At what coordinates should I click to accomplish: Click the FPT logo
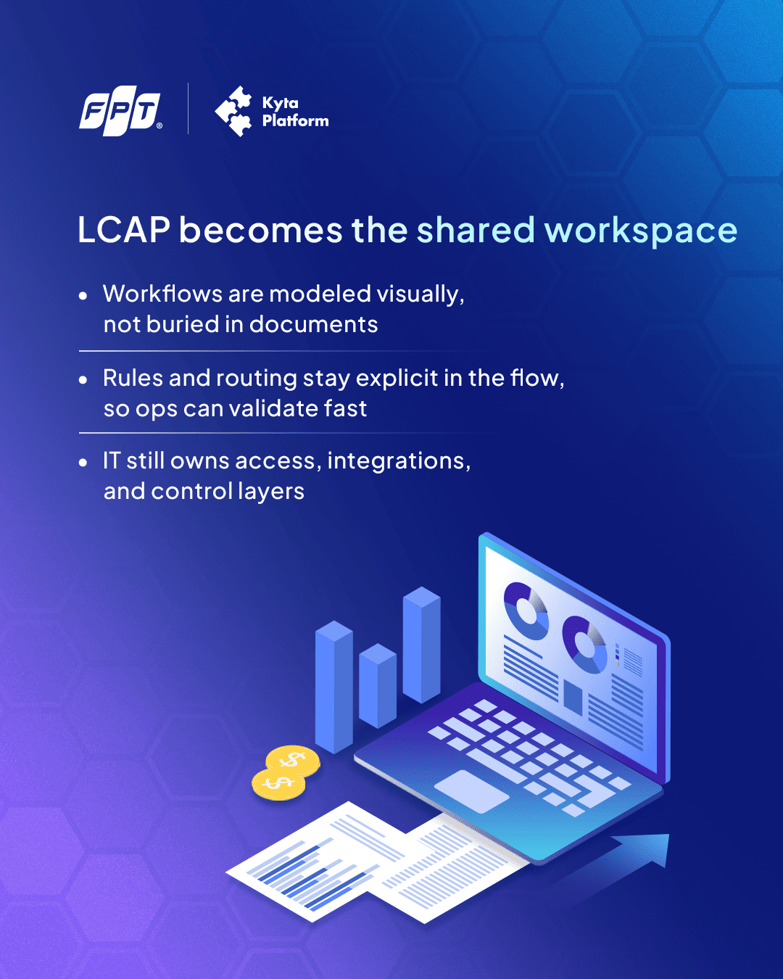[120, 111]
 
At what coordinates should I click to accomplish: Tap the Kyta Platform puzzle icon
[233, 111]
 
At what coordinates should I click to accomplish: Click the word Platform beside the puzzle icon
[295, 121]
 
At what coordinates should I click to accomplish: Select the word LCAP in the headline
[124, 230]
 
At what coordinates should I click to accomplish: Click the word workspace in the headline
[641, 231]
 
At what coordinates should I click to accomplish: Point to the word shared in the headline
[476, 230]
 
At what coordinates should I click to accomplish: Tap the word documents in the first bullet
[313, 324]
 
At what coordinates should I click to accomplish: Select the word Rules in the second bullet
[133, 378]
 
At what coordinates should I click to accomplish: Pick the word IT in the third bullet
[112, 460]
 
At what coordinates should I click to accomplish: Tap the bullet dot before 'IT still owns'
[83, 463]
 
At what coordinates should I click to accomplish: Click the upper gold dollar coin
[293, 761]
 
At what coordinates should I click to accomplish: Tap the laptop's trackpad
[471, 791]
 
